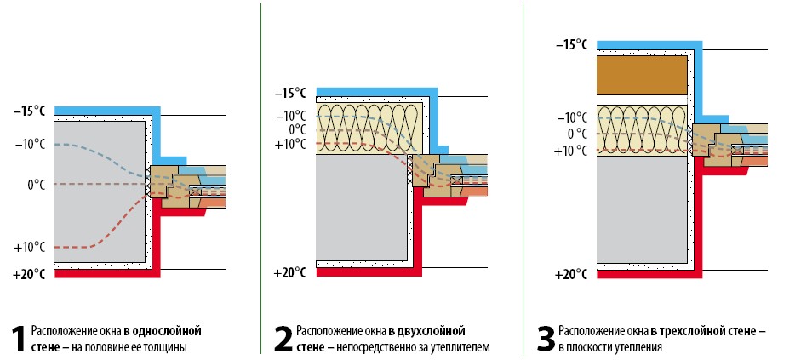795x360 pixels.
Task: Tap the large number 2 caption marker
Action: pos(283,340)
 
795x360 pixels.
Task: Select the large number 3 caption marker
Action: pos(546,340)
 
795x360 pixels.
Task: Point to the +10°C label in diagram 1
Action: pos(29,248)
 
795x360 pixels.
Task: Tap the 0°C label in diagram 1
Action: pos(36,185)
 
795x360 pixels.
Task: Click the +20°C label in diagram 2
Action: pos(289,273)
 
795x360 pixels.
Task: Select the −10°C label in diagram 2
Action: pos(291,117)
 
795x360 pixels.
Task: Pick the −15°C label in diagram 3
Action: pos(571,45)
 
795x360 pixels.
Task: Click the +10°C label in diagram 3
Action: pos(573,151)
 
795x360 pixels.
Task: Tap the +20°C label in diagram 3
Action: pos(571,276)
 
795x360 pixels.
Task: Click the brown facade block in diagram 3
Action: pos(642,75)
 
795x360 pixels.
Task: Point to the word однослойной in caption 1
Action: pos(166,332)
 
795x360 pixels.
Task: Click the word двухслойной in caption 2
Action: pos(433,332)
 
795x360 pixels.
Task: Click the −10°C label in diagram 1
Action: pos(29,145)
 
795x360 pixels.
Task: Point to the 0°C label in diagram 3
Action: pos(578,134)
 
